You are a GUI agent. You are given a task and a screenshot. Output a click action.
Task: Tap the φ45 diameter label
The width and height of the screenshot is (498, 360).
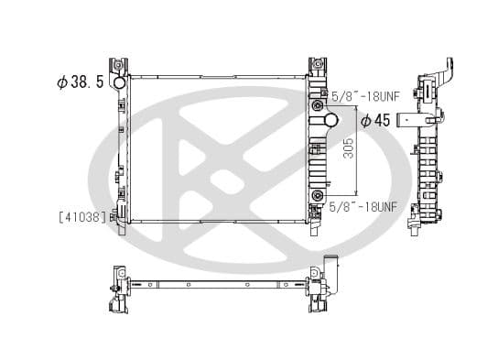pos(378,120)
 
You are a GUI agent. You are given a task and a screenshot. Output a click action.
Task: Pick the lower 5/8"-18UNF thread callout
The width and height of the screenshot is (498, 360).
pos(363,207)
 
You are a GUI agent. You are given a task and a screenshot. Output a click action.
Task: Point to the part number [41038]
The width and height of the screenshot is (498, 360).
pos(81,218)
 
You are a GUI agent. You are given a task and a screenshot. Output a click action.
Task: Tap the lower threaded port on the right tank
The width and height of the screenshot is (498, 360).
pos(317,198)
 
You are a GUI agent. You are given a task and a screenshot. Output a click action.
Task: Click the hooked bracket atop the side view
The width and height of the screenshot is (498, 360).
pos(446,69)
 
